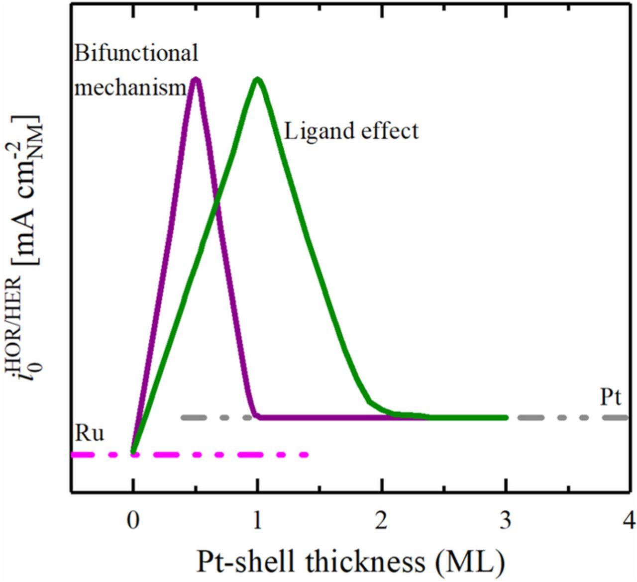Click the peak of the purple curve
[x=196, y=80]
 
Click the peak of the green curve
[x=257, y=80]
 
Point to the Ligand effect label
[x=351, y=131]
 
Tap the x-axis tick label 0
[x=132, y=523]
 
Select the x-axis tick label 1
[x=257, y=523]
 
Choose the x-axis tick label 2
[x=381, y=523]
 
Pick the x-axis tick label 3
[x=506, y=523]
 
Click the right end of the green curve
[x=506, y=417]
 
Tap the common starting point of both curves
[x=133, y=452]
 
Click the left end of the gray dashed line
[x=183, y=417]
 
